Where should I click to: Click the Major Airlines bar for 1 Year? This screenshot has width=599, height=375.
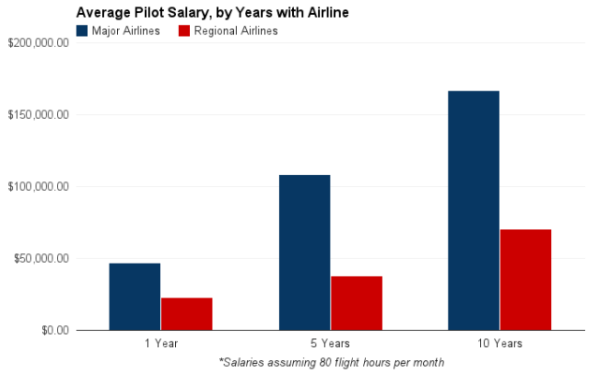point(135,296)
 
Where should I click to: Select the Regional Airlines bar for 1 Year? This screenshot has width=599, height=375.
point(186,313)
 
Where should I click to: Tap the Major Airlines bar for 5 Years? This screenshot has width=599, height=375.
point(304,252)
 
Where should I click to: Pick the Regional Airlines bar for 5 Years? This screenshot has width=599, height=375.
point(357,303)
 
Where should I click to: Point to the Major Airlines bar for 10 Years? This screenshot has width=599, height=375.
point(474,210)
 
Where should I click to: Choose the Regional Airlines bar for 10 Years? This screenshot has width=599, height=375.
point(526,280)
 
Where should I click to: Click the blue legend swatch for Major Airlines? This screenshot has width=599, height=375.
point(82,31)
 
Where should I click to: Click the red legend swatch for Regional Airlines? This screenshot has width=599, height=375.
point(183,31)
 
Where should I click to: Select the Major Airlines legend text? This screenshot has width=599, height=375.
point(126,31)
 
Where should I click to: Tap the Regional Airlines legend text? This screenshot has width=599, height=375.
point(236,31)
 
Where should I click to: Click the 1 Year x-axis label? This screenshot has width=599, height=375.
point(161,343)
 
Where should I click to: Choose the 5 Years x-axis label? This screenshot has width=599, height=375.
point(330,343)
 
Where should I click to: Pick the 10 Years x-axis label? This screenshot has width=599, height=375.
point(500,343)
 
